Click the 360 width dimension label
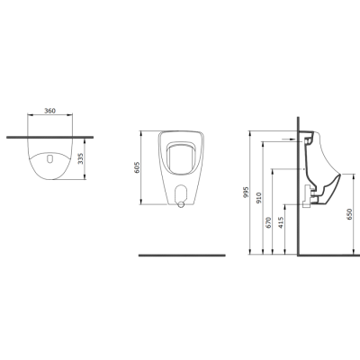[49, 111]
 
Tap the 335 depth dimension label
[80, 158]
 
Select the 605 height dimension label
[137, 167]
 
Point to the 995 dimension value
[247, 192]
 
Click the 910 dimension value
[259, 198]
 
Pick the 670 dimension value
[268, 222]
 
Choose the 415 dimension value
[281, 222]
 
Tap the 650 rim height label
[349, 214]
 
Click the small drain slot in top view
[50, 158]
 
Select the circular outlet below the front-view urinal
[181, 204]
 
